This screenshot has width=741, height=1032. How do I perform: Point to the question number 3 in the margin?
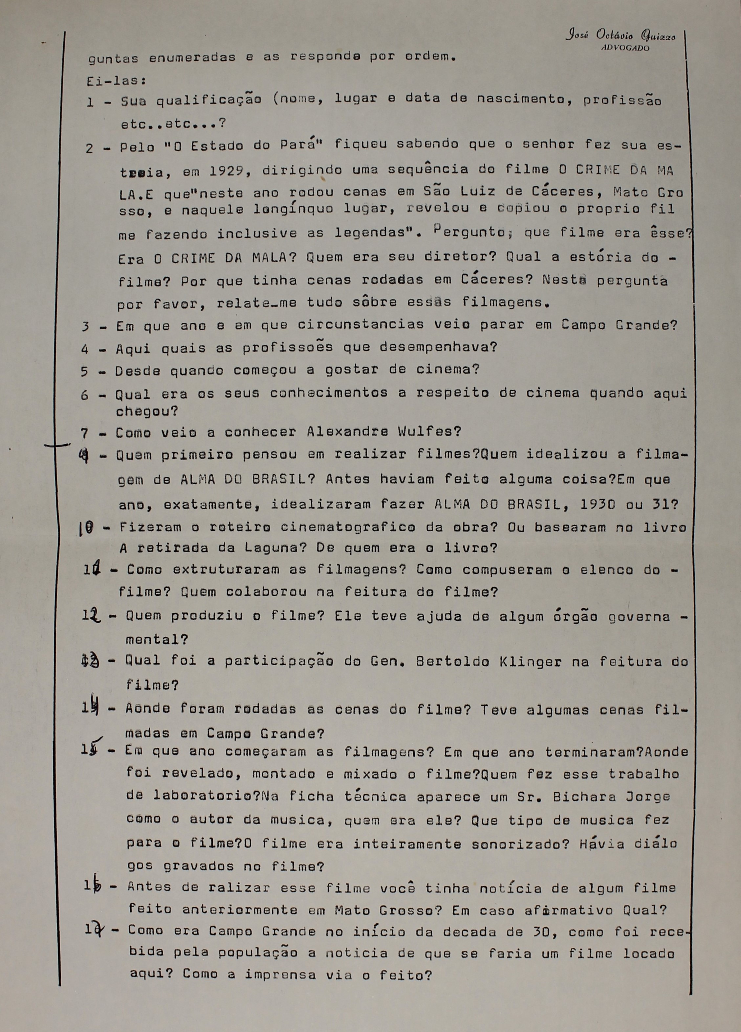(x=85, y=327)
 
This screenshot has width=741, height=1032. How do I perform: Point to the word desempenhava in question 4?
(x=437, y=348)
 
